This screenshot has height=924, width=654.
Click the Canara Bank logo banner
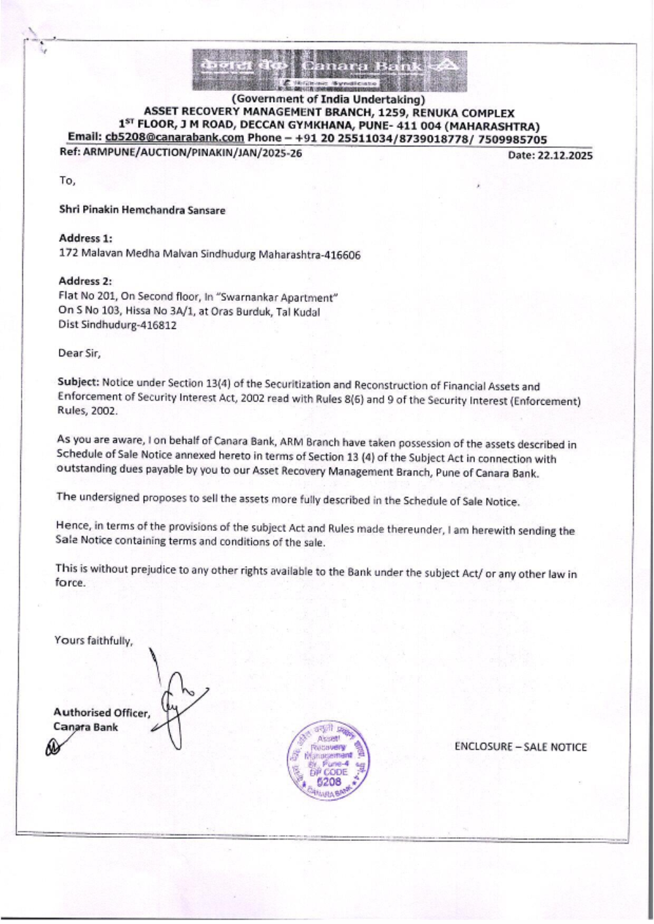tap(330, 70)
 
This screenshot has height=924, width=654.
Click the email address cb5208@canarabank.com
tap(174, 138)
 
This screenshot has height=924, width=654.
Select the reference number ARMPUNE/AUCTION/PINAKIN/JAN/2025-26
tap(192, 153)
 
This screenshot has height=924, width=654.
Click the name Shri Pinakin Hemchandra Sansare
tap(142, 210)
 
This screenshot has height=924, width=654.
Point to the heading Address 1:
tap(85, 238)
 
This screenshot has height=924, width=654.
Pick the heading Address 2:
tap(85, 281)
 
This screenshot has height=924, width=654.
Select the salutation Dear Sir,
tap(79, 353)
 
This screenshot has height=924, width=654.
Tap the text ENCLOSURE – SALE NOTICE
tap(521, 747)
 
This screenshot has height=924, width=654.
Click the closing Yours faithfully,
tap(93, 640)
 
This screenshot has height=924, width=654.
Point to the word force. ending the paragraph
tap(70, 583)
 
